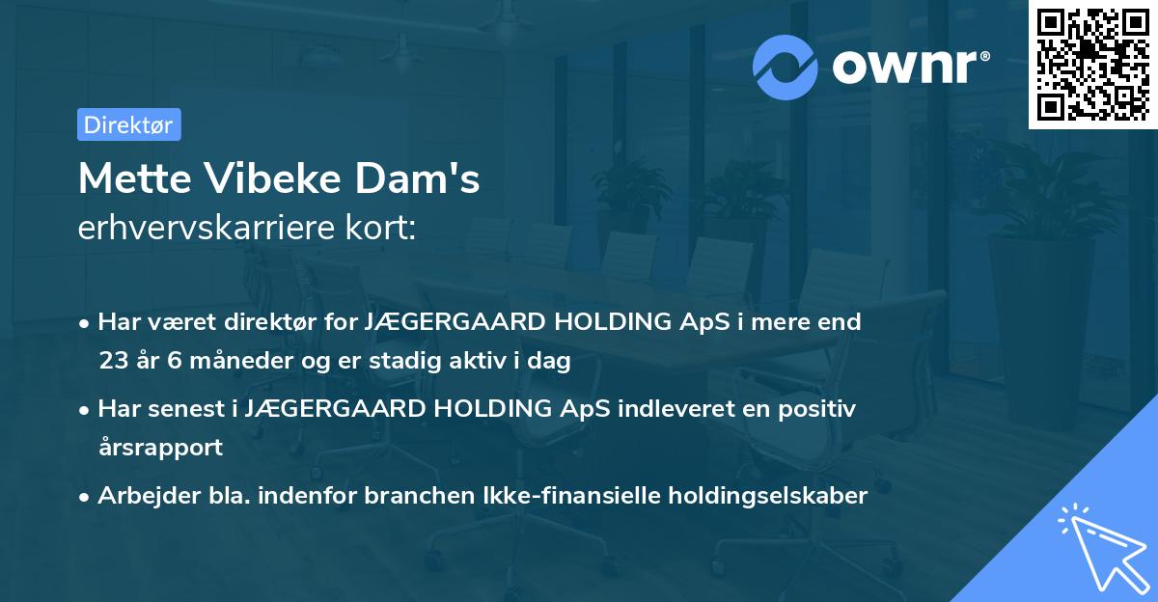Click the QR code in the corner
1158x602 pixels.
pyautogui.click(x=1092, y=64)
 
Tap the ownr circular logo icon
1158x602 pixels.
pyautogui.click(x=786, y=67)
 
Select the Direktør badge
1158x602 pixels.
pyautogui.click(x=128, y=124)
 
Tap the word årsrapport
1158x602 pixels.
pyautogui.click(x=160, y=448)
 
